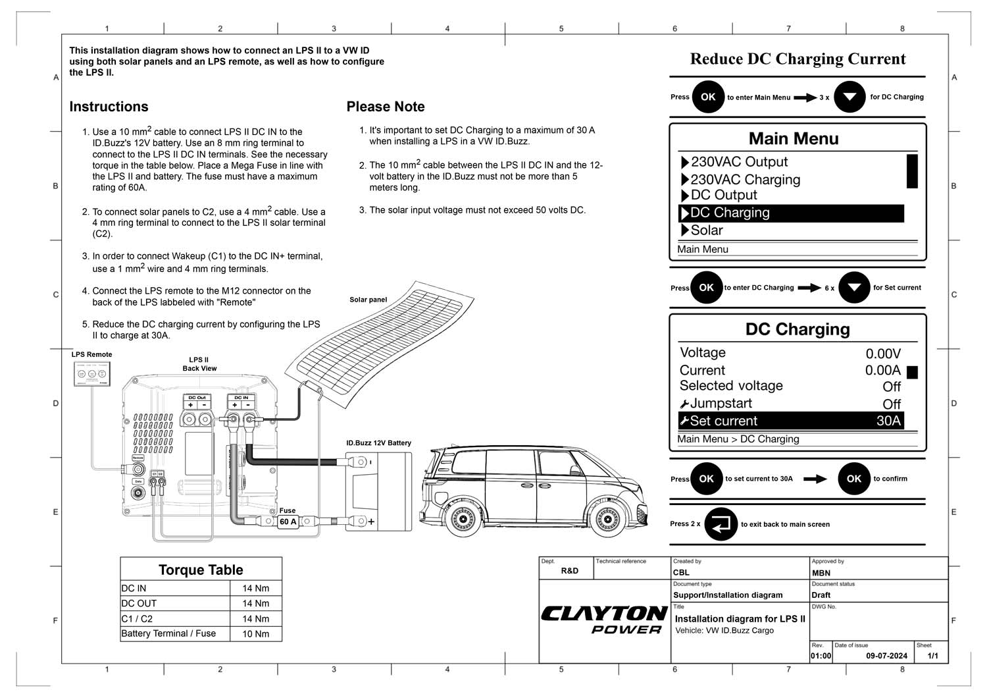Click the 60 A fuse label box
click(x=288, y=522)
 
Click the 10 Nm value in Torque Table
click(x=255, y=633)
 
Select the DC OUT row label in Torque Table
click(x=139, y=603)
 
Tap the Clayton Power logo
click(x=603, y=620)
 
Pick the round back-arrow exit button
click(x=721, y=524)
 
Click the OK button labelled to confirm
click(x=853, y=479)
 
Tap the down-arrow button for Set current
click(x=854, y=288)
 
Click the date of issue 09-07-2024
click(x=886, y=656)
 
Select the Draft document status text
click(x=821, y=595)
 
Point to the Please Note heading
click(x=385, y=107)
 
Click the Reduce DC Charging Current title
click(x=797, y=59)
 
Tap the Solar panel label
click(x=368, y=300)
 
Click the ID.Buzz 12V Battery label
click(x=378, y=443)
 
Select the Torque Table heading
click(x=201, y=570)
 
